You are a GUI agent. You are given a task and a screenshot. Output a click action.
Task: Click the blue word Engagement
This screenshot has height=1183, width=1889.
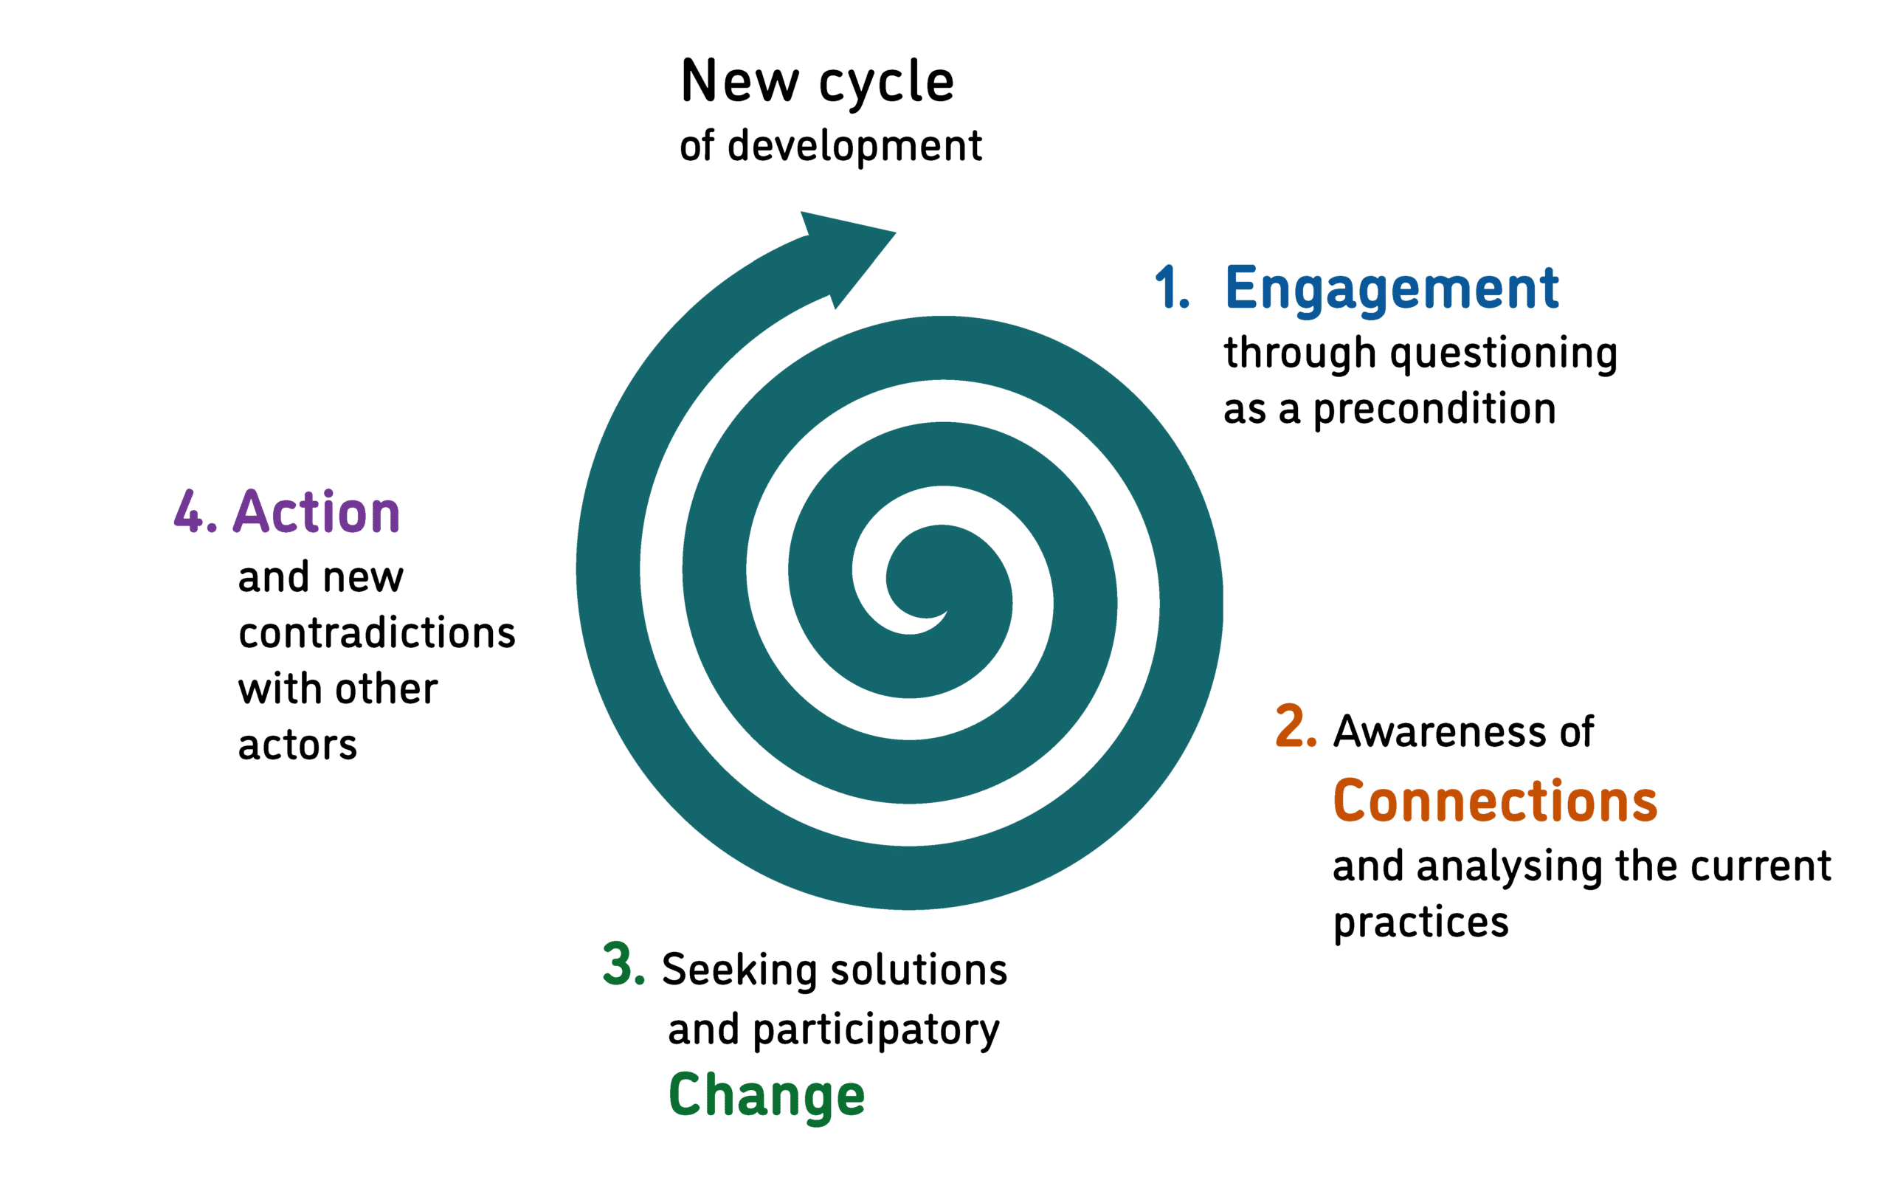pos(1391,289)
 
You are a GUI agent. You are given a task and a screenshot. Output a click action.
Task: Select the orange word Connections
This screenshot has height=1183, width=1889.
pos(1494,801)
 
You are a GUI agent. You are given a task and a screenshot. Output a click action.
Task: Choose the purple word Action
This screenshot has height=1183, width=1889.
pos(317,512)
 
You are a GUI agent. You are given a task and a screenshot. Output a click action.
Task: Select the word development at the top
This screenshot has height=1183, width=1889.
pos(854,147)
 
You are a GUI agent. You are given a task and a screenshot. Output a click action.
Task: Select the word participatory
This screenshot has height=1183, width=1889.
pos(876,1031)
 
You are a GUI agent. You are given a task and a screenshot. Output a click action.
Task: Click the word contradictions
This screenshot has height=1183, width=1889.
pos(377,633)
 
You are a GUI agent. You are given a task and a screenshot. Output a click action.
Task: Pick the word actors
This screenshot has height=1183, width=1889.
pos(297,745)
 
